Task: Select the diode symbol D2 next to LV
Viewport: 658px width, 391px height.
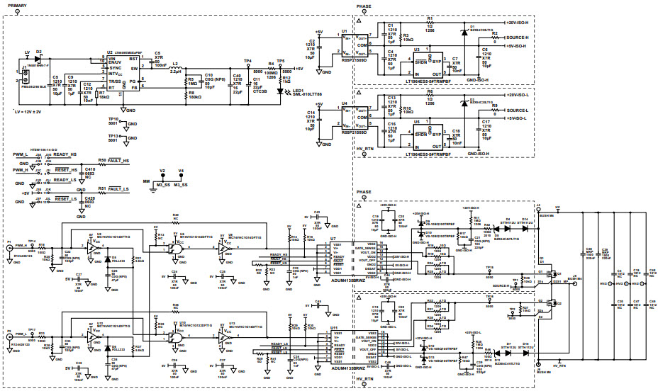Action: coord(39,60)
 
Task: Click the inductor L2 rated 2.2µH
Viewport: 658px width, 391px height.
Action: coord(175,67)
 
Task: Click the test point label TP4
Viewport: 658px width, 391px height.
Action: coord(247,62)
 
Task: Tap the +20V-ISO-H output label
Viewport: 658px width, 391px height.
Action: coord(508,25)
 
